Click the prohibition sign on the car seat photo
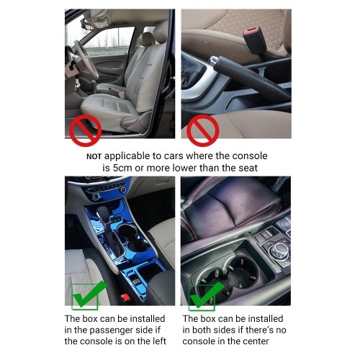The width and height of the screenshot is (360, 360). click(85, 130)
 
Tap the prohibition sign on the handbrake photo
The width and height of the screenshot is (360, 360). click(203, 130)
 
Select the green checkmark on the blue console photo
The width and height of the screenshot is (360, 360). click(89, 295)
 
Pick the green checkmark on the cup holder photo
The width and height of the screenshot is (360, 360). click(207, 295)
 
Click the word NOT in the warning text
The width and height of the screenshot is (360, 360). click(94, 157)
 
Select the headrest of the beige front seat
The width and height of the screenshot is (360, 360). click(147, 39)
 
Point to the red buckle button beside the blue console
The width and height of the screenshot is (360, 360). click(125, 298)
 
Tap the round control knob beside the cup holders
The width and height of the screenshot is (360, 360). click(276, 249)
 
